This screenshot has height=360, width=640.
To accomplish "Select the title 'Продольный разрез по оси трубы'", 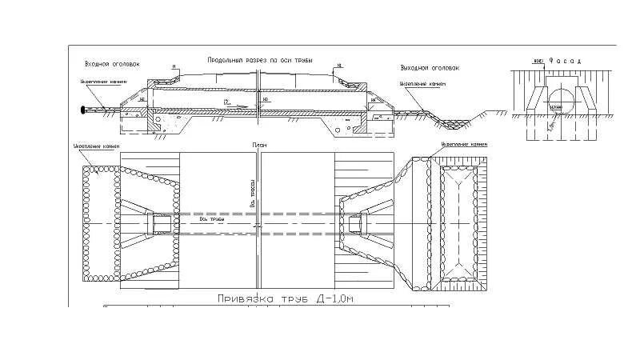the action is click(x=259, y=60).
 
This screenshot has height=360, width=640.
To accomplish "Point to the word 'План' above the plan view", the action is click(x=257, y=146).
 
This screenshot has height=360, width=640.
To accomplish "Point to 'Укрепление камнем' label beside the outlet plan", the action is click(x=463, y=145).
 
